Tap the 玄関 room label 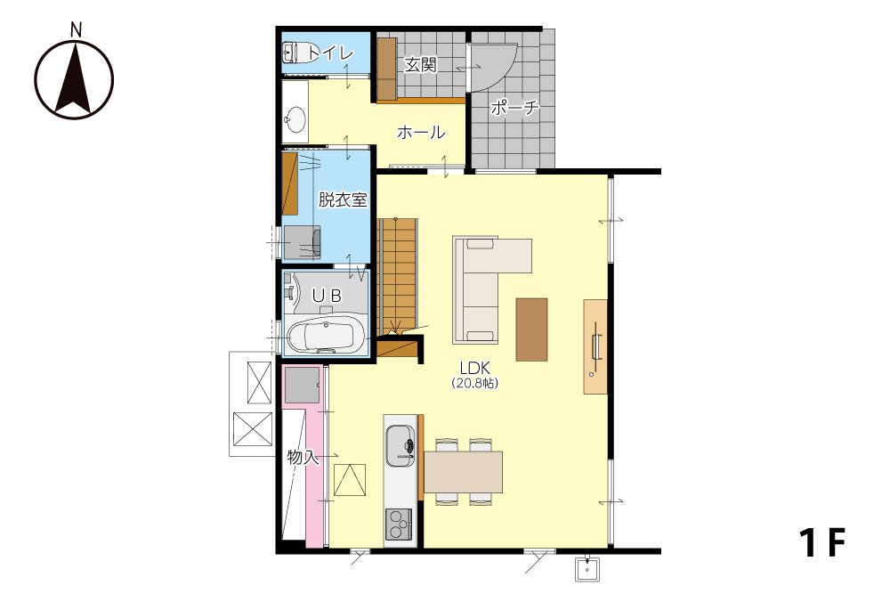point(421,65)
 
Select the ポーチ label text point(514,107)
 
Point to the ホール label point(421,133)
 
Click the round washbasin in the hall point(295,119)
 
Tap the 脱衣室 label point(343,199)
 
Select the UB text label point(328,296)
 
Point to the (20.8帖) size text point(475,383)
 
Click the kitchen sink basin point(400,445)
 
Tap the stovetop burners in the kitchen point(399,525)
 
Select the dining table point(463,472)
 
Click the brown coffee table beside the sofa point(532,330)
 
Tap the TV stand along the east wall point(595,346)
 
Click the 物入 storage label point(303,457)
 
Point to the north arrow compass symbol point(75,79)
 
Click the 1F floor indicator point(822,542)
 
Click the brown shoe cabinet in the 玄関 point(386,69)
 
